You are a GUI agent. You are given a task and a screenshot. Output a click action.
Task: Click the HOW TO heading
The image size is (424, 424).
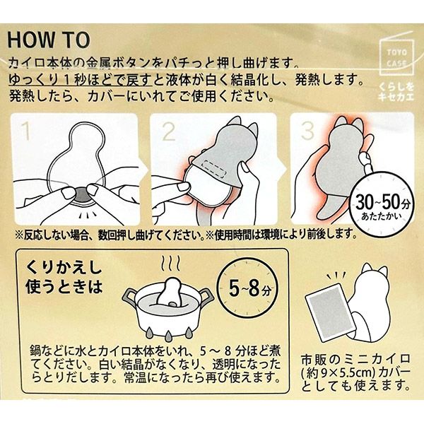pos(49,40)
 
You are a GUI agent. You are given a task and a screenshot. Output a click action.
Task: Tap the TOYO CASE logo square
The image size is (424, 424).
pos(396,57)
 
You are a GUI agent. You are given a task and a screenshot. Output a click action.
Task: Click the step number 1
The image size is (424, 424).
pos(26,130)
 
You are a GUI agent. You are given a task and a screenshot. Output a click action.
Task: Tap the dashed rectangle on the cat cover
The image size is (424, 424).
pos(214,168)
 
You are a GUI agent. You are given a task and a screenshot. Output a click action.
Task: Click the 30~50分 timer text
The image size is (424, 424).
pos(382,202)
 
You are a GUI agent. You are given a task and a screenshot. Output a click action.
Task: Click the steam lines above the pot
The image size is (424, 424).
pos(171,262)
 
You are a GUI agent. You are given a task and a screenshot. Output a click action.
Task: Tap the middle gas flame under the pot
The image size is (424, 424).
pos(168,335)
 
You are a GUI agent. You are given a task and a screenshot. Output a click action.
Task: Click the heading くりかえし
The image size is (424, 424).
pos(64,267)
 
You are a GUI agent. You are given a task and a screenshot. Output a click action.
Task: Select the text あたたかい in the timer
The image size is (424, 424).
pos(382,216)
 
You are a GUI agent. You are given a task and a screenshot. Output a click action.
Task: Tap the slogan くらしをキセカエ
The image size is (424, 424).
pos(396,92)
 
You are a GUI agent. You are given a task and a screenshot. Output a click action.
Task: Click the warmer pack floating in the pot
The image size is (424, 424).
pos(171,292)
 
